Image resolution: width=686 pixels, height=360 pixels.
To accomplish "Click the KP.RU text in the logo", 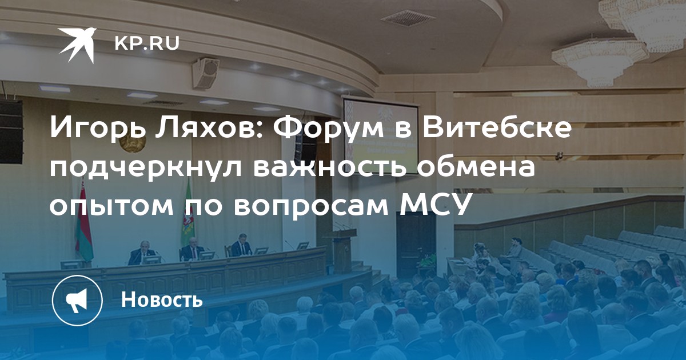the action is coord(147,43).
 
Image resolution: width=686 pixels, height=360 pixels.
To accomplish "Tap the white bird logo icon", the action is coord(78,45).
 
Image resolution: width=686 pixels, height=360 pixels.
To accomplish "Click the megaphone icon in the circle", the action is coord(77,301).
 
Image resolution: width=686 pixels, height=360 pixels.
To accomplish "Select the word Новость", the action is coord(162,299).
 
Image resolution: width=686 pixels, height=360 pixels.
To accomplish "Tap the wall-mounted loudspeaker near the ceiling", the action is coord(206,73).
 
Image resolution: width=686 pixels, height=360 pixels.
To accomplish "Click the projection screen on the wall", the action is coord(381,135).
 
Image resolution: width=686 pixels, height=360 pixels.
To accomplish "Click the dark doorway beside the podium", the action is coord(416,241).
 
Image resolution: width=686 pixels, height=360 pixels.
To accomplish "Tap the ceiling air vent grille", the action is coord(408,18).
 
